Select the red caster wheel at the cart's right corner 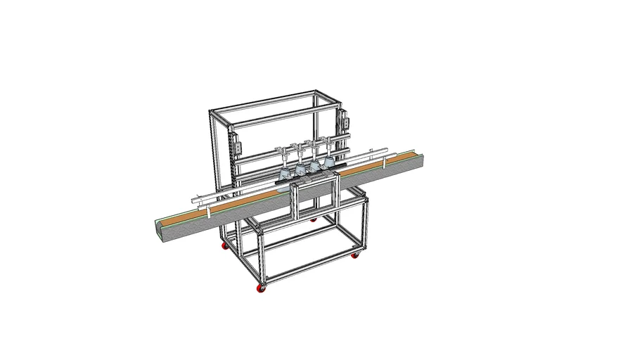click(357, 253)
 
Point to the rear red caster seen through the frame click(313, 219)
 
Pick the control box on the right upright click(345, 124)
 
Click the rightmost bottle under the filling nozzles click(328, 164)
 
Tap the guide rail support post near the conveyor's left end click(208, 211)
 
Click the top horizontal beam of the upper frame click(274, 105)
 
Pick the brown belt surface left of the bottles click(225, 209)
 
